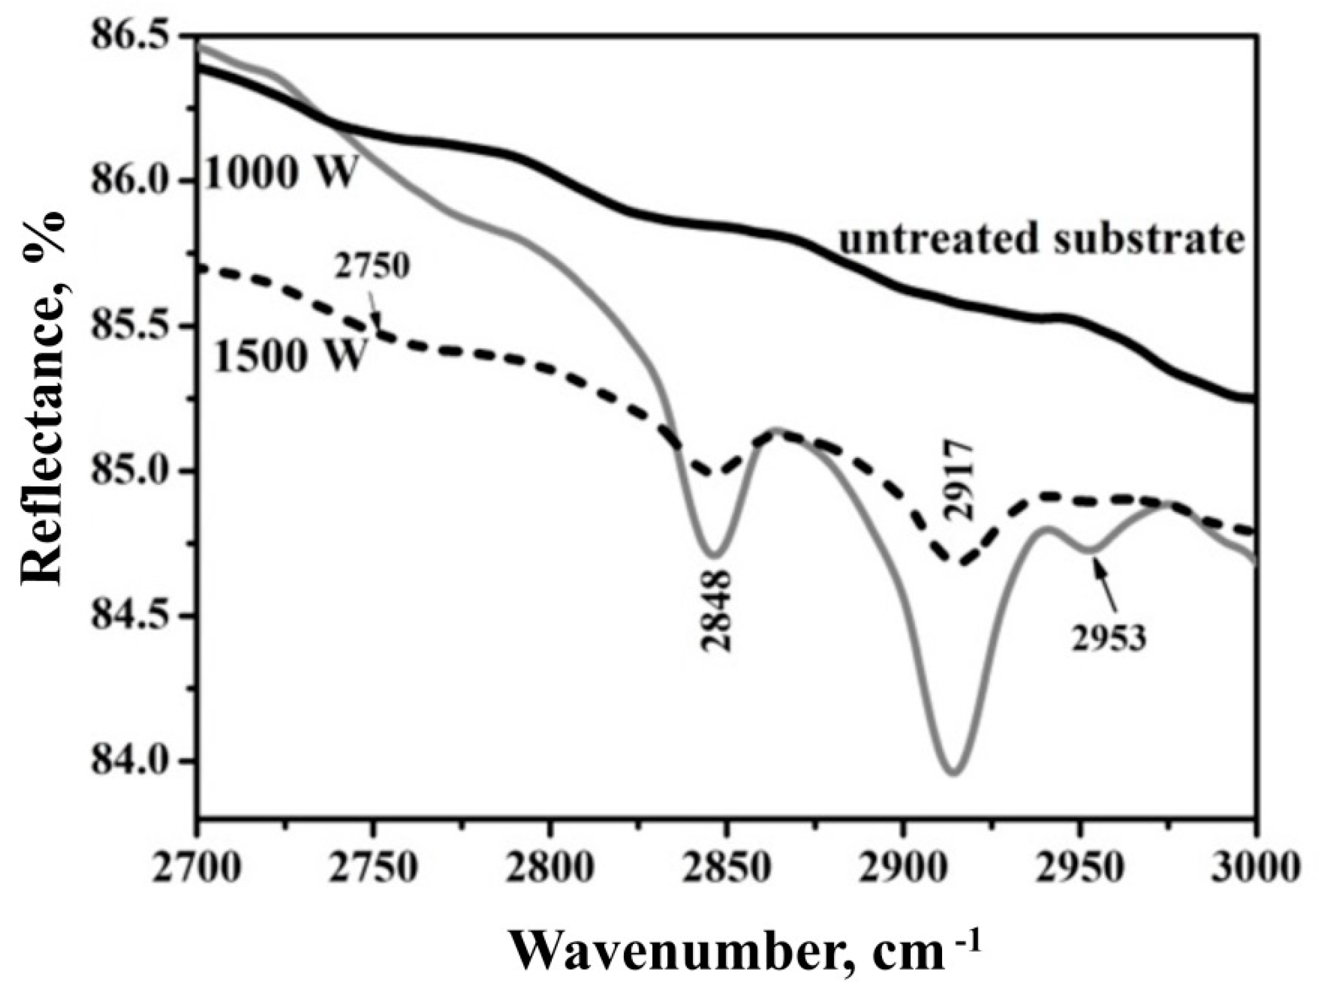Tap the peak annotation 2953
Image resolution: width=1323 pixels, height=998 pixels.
click(1107, 639)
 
